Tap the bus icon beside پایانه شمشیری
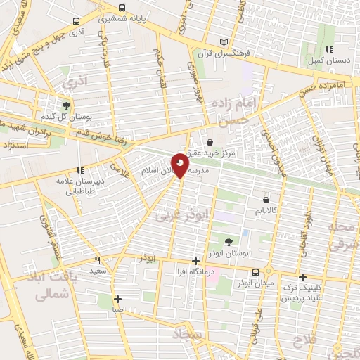[x=122, y=8]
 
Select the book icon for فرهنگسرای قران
[x=224, y=41]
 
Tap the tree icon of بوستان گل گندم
[x=65, y=105]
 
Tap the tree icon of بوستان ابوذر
[x=228, y=241]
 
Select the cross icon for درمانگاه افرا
[x=195, y=261]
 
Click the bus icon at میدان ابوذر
[x=255, y=272]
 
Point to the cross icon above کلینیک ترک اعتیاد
[x=303, y=277]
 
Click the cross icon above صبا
[x=118, y=298]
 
